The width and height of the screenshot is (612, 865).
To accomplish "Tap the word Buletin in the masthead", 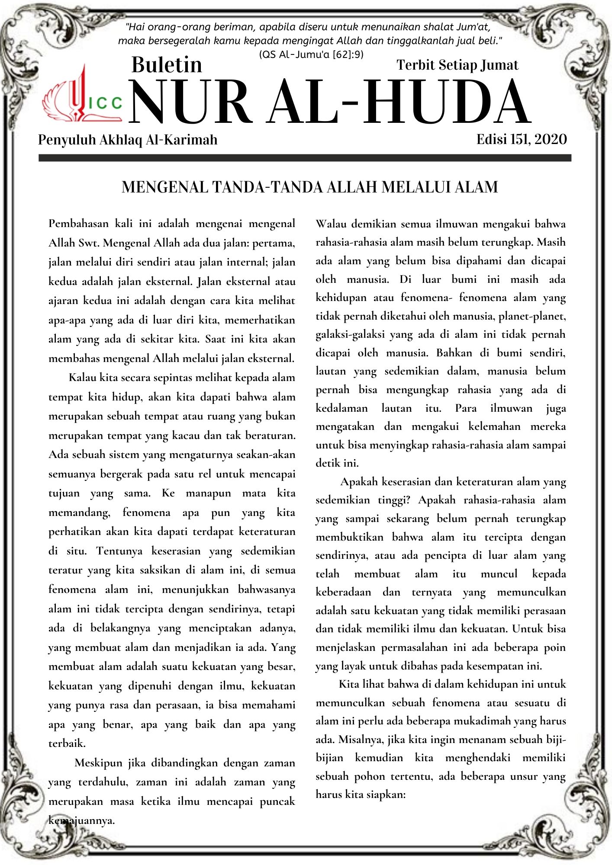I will point(167,65).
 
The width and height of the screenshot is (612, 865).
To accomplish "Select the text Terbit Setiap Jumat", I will point(457,65).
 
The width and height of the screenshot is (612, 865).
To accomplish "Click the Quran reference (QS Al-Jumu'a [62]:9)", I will point(311,54).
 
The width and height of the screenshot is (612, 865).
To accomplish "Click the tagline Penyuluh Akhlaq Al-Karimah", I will point(128,140).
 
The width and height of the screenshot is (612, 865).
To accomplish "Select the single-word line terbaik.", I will point(67,743).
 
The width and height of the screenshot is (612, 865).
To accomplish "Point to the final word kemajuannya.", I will point(81,820).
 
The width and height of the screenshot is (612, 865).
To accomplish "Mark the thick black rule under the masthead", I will point(305,158).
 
